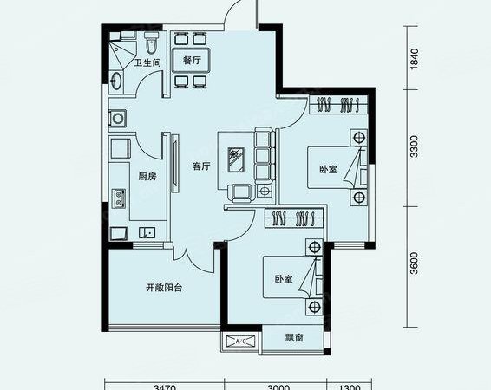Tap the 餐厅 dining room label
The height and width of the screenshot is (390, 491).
pyautogui.click(x=192, y=61)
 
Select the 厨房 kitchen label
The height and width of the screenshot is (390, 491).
pyautogui.click(x=147, y=176)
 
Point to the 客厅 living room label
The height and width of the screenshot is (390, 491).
pyautogui.click(x=200, y=166)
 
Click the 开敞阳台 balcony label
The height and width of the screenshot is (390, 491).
pyautogui.click(x=162, y=289)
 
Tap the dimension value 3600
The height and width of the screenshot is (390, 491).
pyautogui.click(x=415, y=260)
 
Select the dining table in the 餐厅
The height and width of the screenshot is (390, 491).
pyautogui.click(x=192, y=61)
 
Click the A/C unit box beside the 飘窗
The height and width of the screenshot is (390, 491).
pyautogui.click(x=240, y=341)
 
